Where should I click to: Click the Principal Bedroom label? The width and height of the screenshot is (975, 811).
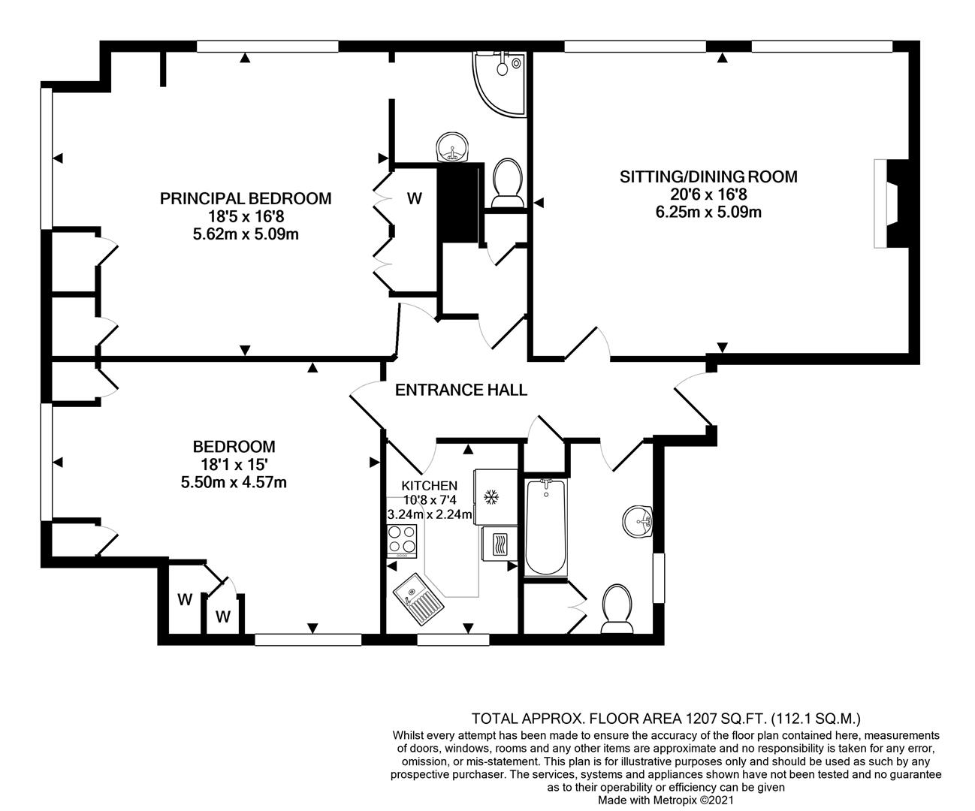click(246, 199)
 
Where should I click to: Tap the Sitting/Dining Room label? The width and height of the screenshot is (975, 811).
click(708, 177)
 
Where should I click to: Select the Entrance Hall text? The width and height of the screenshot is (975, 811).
click(461, 390)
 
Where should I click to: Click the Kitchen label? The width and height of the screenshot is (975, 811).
click(429, 485)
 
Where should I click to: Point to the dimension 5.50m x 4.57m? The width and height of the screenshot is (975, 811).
click(234, 482)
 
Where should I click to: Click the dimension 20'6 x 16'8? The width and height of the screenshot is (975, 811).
click(708, 194)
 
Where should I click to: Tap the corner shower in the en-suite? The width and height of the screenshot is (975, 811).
click(502, 79)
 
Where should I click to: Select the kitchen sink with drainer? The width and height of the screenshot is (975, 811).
click(420, 598)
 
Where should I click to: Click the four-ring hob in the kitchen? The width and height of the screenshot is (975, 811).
click(402, 541)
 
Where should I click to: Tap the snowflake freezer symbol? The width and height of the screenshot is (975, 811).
click(492, 497)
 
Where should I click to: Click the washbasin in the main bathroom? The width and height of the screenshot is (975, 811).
click(638, 520)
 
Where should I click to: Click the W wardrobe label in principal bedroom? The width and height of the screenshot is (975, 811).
click(414, 199)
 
